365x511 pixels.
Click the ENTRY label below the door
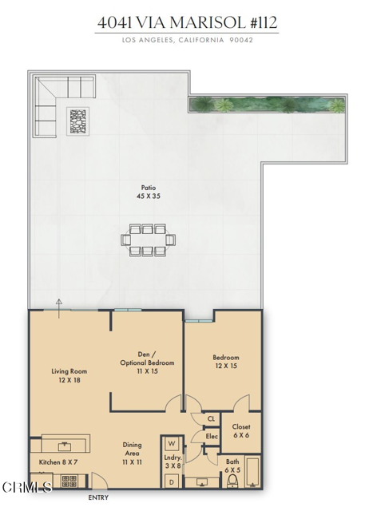[x=98, y=497]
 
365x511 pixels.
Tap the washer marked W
[x=172, y=444]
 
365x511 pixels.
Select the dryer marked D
[x=172, y=481]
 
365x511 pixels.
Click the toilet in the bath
[x=232, y=481]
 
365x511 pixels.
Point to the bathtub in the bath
[x=253, y=473]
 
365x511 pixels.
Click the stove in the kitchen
[x=69, y=481]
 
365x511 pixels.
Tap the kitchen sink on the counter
[x=65, y=446]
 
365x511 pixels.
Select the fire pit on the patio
[x=78, y=121]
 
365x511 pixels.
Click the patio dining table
[x=148, y=240]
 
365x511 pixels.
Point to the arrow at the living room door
[x=58, y=308]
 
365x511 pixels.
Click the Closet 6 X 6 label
[x=241, y=431]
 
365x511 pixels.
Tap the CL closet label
[x=211, y=418]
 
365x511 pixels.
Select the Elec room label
[x=212, y=436]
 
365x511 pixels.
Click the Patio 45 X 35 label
[x=149, y=192]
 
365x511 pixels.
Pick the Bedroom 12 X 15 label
[x=226, y=362]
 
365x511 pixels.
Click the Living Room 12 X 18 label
[x=69, y=375]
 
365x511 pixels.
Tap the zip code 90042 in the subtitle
[x=241, y=40]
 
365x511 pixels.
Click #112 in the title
[x=264, y=22]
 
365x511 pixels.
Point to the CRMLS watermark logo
[x=26, y=487]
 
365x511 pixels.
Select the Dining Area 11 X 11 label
[x=132, y=454]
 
